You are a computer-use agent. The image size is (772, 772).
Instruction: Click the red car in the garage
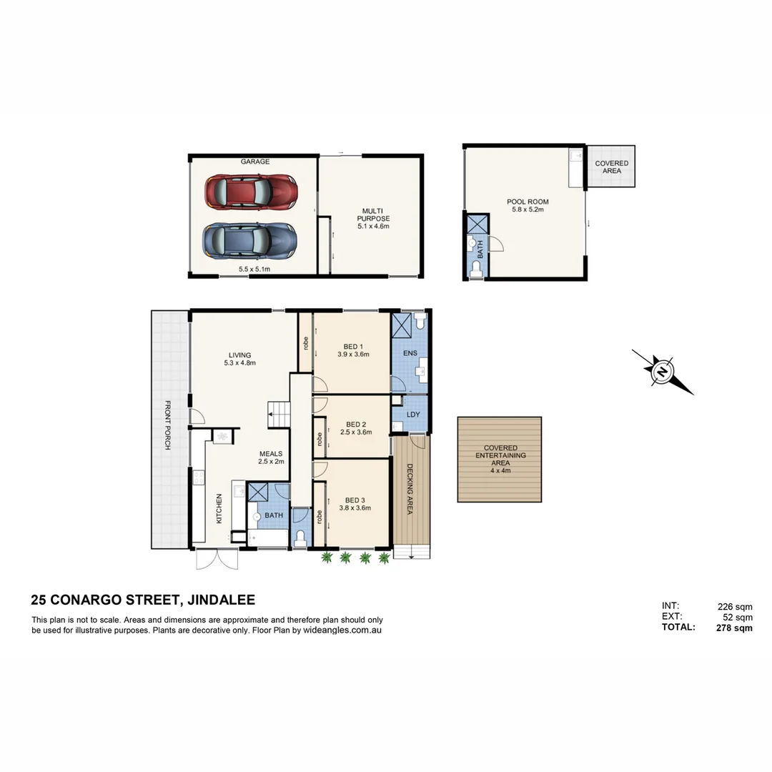pyautogui.click(x=250, y=192)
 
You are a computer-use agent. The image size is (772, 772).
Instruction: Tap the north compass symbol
pyautogui.click(x=663, y=372)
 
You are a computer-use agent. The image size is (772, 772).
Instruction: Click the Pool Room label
pyautogui.click(x=528, y=202)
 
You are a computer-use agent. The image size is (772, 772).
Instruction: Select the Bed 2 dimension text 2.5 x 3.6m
pyautogui.click(x=356, y=432)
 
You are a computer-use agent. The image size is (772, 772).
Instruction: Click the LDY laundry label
pyautogui.click(x=413, y=415)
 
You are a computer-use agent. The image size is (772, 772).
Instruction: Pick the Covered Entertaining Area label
pyautogui.click(x=500, y=455)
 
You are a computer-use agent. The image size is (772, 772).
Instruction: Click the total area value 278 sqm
pyautogui.click(x=734, y=628)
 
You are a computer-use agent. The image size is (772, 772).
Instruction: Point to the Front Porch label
pyautogui.click(x=168, y=425)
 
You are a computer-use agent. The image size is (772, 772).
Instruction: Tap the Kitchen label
pyautogui.click(x=219, y=508)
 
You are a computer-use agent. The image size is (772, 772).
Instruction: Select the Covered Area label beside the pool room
pyautogui.click(x=612, y=167)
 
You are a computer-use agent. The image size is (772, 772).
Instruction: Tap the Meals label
pyautogui.click(x=271, y=453)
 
